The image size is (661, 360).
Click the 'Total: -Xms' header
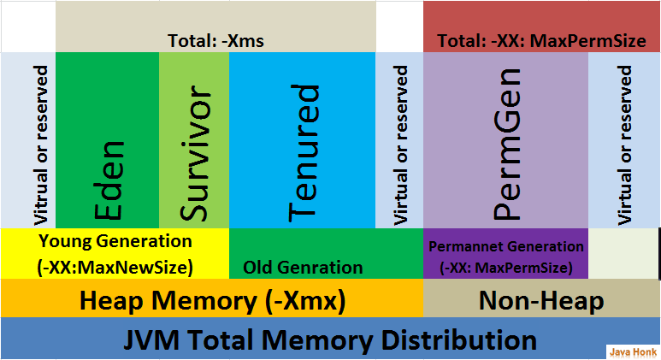coord(215,40)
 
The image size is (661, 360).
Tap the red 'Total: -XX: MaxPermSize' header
coord(541,40)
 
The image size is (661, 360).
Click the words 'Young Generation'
coord(115,241)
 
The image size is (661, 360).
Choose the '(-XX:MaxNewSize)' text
coord(115,267)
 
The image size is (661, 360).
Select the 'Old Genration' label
coord(303,268)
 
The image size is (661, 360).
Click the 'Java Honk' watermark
coord(631,351)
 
